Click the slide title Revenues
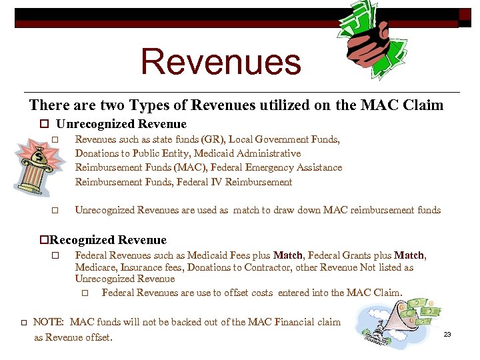[221, 61]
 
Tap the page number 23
[447, 334]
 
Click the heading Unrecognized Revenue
[121, 124]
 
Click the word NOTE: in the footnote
[49, 323]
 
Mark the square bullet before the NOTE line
[23, 323]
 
